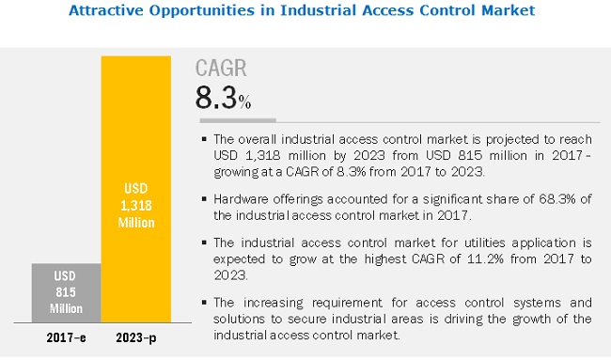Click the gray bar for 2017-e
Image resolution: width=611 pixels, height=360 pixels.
[x=66, y=292]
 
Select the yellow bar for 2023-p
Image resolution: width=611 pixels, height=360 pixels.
[x=136, y=189]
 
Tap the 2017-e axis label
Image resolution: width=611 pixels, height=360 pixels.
[x=66, y=337]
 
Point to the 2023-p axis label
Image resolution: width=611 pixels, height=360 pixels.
[x=136, y=337]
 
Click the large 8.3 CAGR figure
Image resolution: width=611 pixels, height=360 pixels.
[x=216, y=98]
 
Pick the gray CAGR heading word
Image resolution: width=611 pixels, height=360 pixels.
[x=221, y=68]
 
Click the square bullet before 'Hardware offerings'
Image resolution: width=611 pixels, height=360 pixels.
[x=204, y=199]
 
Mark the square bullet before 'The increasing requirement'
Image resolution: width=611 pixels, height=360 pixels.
[x=204, y=303]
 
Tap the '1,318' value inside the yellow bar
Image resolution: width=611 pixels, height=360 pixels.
[x=136, y=205]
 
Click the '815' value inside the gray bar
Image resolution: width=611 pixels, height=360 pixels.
[x=66, y=292]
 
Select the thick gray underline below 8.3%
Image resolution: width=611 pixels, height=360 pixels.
[x=238, y=120]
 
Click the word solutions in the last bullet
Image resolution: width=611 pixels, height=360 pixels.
[x=239, y=319]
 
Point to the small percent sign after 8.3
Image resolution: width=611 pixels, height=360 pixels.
[x=244, y=102]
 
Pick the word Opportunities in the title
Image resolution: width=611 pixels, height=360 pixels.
[x=202, y=10]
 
